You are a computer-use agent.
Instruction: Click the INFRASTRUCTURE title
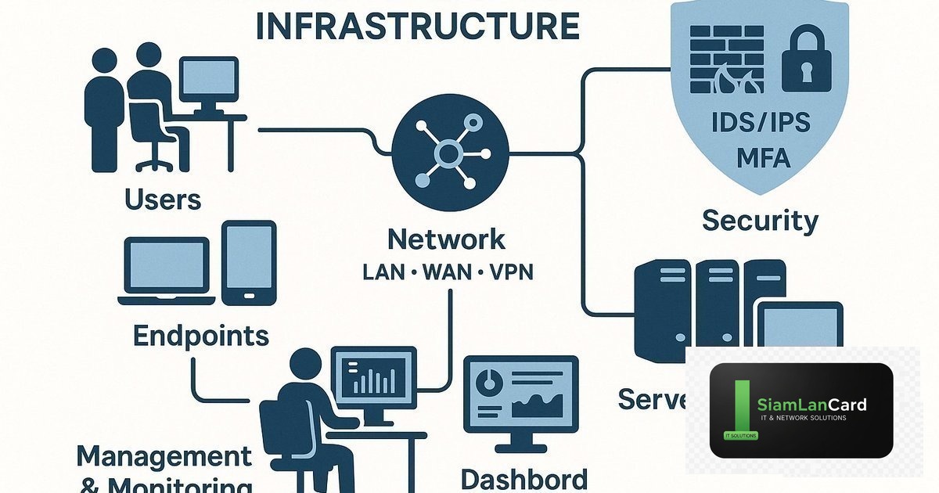(418, 26)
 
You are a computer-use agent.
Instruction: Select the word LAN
(383, 274)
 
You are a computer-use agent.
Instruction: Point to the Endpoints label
(201, 336)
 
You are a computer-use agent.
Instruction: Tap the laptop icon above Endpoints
(167, 270)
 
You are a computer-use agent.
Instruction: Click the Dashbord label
(523, 478)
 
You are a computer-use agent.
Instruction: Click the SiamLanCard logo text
(811, 405)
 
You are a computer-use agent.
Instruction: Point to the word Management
(164, 455)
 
